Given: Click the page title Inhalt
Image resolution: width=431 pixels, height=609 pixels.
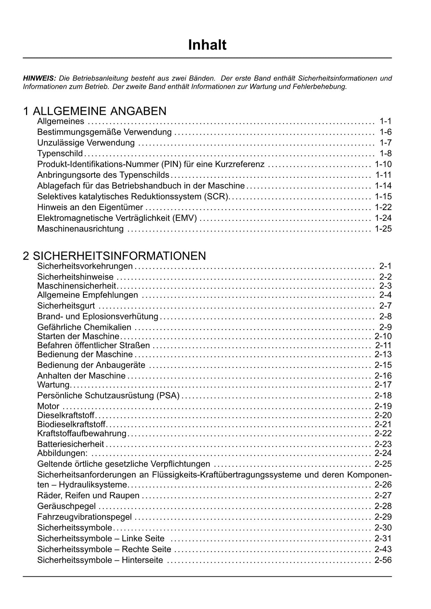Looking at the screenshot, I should click(207, 45).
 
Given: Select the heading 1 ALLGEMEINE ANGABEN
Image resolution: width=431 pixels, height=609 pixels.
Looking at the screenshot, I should click(94, 111).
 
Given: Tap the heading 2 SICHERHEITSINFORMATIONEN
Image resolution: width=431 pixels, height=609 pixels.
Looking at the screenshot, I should click(114, 256).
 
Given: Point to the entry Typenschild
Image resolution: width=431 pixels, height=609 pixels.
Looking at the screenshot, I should click(60, 153).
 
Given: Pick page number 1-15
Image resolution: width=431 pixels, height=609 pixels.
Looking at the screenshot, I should click(383, 197).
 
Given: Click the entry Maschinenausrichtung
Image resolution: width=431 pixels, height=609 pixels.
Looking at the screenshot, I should click(80, 229).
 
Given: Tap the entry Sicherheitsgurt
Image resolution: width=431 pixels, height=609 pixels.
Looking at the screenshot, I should click(66, 306).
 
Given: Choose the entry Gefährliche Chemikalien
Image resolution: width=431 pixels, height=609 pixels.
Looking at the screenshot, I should click(84, 327).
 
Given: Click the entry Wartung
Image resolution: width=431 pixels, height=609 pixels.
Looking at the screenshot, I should click(53, 385).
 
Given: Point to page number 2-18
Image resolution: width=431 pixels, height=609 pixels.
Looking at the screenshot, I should click(383, 395).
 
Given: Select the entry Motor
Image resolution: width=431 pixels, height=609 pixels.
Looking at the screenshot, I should click(48, 406).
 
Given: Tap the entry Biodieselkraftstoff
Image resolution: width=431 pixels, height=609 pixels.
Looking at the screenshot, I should click(71, 424).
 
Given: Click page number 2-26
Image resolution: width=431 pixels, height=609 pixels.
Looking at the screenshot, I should click(383, 484).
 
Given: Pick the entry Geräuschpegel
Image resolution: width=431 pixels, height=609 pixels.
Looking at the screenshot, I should click(66, 506).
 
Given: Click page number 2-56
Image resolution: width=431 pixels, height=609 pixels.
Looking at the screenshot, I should click(383, 560).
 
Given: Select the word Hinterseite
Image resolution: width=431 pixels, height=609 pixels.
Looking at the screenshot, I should click(142, 560).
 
